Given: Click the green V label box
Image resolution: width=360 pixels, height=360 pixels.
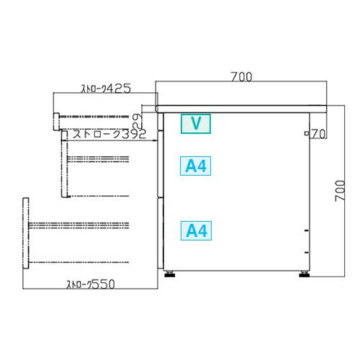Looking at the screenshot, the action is [196, 124].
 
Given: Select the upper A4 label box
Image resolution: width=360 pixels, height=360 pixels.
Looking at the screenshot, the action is [196, 166].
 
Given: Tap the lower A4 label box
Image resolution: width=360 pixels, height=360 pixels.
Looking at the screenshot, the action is [196, 230].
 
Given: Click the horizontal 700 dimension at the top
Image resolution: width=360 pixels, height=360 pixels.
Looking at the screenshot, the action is [241, 77].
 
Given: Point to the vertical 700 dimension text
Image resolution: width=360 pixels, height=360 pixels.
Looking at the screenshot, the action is [340, 191].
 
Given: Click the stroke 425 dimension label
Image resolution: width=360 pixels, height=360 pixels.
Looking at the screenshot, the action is [107, 89].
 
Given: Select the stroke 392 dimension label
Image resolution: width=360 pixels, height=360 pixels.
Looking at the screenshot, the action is [109, 134].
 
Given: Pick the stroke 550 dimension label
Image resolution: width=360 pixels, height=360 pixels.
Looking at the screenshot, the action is [91, 284].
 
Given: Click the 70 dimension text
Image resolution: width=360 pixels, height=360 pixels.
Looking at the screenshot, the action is [318, 134].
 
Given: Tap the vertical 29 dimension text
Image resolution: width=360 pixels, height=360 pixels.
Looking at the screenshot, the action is [138, 121].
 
